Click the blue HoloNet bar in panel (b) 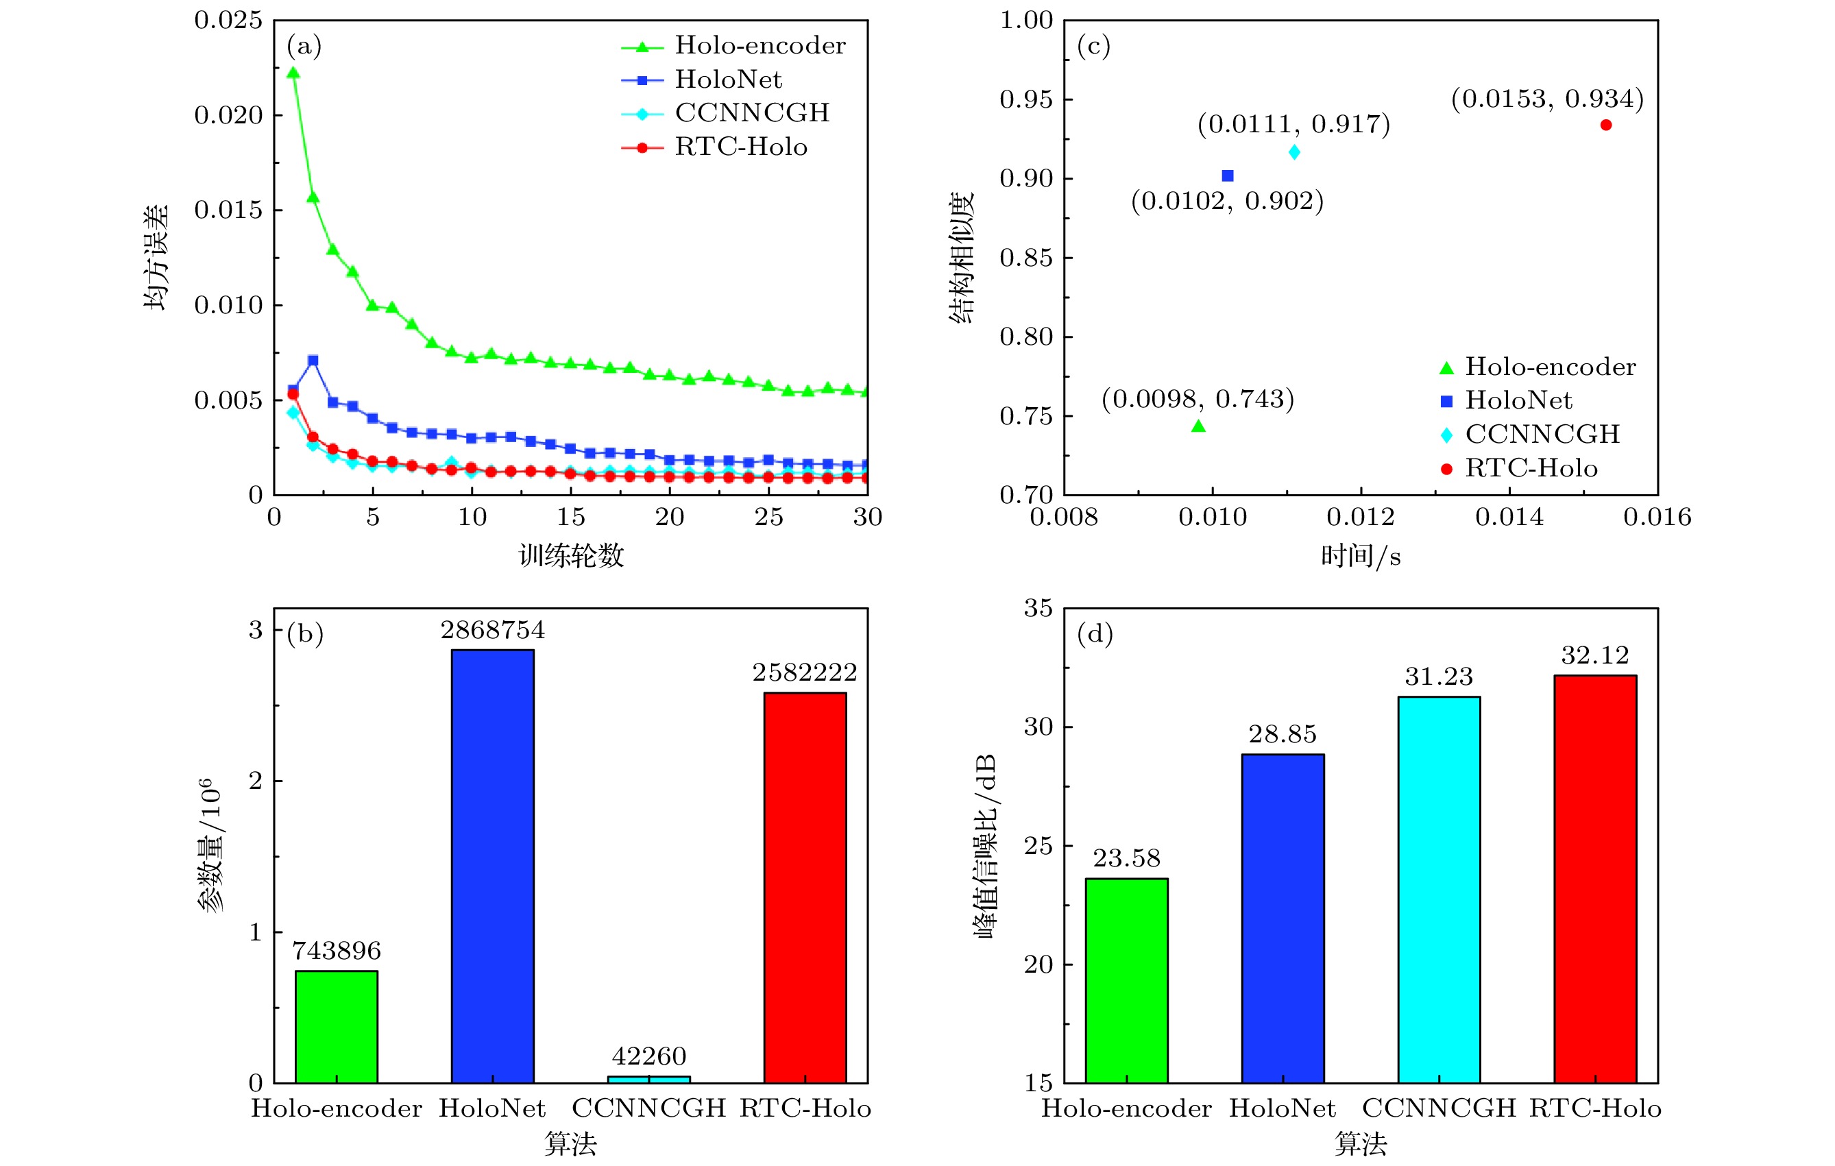point(492,866)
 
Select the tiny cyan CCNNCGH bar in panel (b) point(648,1079)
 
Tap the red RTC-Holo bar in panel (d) point(1595,878)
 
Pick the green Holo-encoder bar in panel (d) point(1126,980)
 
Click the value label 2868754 point(492,630)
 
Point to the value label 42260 point(648,1056)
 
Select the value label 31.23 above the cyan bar point(1439,677)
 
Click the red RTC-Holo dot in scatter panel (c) point(1605,125)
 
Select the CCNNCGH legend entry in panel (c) point(1532,435)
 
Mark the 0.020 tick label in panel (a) point(228,115)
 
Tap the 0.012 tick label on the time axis point(1360,518)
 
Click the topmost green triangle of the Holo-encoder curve point(293,73)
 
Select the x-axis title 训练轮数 point(571,555)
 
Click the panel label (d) point(1094,633)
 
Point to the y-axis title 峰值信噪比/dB point(984,846)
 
